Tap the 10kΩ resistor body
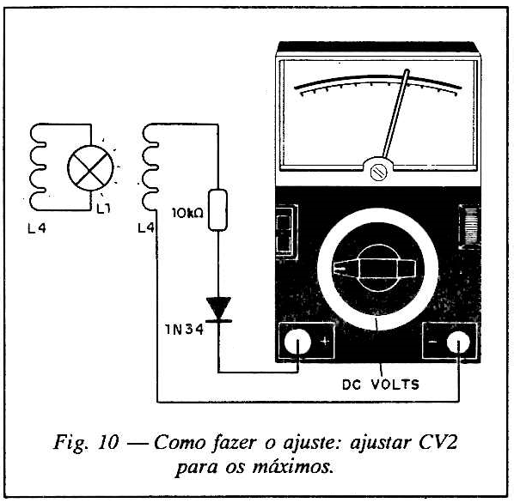tap(218, 209)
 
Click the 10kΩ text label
tap(187, 213)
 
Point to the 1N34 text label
tap(184, 329)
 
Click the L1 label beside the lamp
tap(104, 209)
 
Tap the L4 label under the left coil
tap(37, 228)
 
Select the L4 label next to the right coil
tap(146, 227)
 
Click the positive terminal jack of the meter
tap(297, 342)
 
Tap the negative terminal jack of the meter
tap(458, 342)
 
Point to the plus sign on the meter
tap(325, 342)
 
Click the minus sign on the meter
tap(432, 342)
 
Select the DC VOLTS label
tap(381, 385)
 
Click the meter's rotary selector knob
tap(377, 269)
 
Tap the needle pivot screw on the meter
tap(377, 172)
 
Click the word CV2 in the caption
tap(438, 443)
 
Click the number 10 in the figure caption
tap(107, 443)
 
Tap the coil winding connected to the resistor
tap(150, 167)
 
